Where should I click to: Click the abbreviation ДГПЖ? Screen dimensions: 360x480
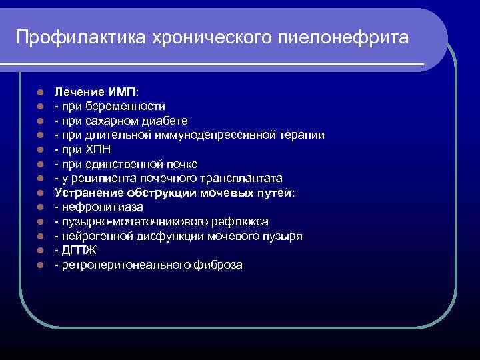tap(78, 251)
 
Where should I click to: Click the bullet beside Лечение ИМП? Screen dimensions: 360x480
tap(41, 92)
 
